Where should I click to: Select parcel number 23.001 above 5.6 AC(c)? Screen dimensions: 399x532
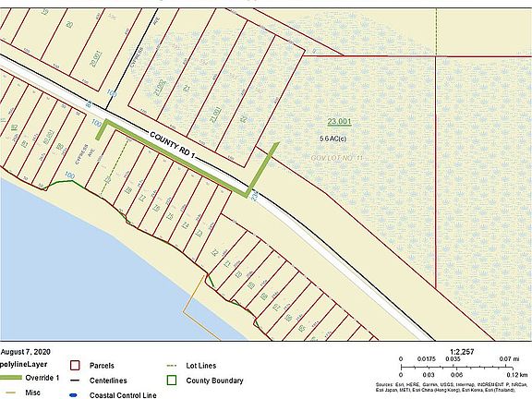[340, 121]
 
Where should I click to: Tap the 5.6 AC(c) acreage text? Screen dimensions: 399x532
[339, 138]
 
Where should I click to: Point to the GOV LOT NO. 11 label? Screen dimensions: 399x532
[339, 160]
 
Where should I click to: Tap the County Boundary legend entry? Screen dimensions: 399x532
[214, 380]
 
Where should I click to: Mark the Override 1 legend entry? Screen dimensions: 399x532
[42, 380]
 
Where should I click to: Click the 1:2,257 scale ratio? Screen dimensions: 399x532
[462, 351]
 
